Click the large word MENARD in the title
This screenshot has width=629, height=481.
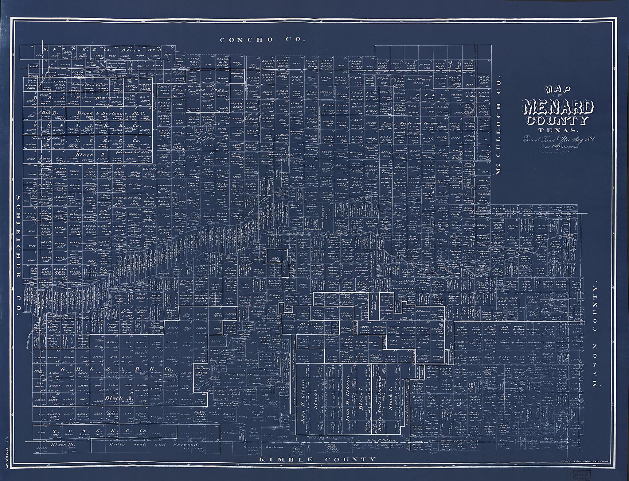tap(559, 108)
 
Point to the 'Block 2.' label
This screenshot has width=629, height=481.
tap(84, 155)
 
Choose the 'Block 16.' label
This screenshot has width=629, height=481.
tap(61, 444)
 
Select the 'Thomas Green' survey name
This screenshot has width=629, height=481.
tap(149, 65)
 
